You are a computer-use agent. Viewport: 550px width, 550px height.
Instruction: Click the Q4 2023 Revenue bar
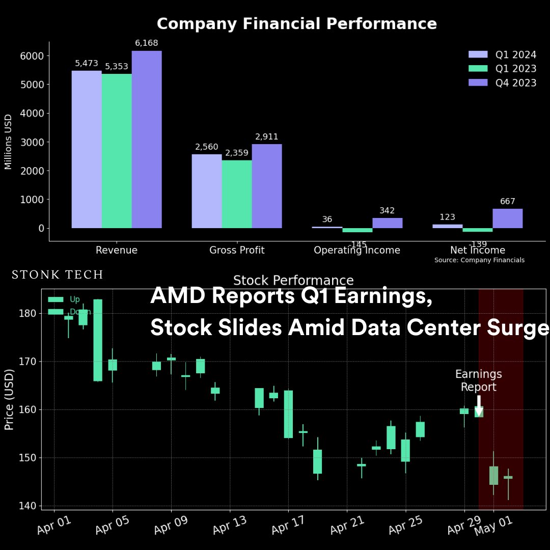tap(147, 140)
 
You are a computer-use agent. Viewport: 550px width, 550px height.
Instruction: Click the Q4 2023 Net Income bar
tap(507, 218)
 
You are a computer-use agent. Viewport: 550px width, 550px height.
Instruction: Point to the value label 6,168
tap(147, 43)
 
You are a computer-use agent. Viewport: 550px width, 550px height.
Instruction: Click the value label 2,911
tap(267, 137)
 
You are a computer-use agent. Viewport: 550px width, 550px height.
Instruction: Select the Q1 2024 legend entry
tap(502, 54)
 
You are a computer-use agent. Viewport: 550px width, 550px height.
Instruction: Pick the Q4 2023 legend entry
tap(502, 83)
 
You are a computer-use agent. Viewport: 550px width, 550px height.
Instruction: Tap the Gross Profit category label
tap(237, 250)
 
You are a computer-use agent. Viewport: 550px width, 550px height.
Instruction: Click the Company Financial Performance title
tap(296, 24)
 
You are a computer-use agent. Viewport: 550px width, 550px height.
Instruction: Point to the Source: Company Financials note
tap(479, 260)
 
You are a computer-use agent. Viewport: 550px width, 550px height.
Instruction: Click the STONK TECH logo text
tap(58, 275)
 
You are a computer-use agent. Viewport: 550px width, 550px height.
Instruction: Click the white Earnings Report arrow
tap(479, 405)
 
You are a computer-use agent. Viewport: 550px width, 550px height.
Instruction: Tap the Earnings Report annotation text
tap(479, 381)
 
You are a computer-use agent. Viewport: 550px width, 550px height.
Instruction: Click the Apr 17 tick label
tap(288, 525)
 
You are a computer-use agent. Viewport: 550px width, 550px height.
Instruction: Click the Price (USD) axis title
tap(9, 399)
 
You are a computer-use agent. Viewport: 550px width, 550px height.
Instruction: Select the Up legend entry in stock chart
tap(64, 299)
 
